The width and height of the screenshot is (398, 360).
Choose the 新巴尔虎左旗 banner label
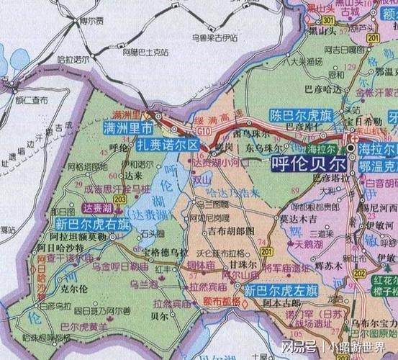[x=281, y=292]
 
